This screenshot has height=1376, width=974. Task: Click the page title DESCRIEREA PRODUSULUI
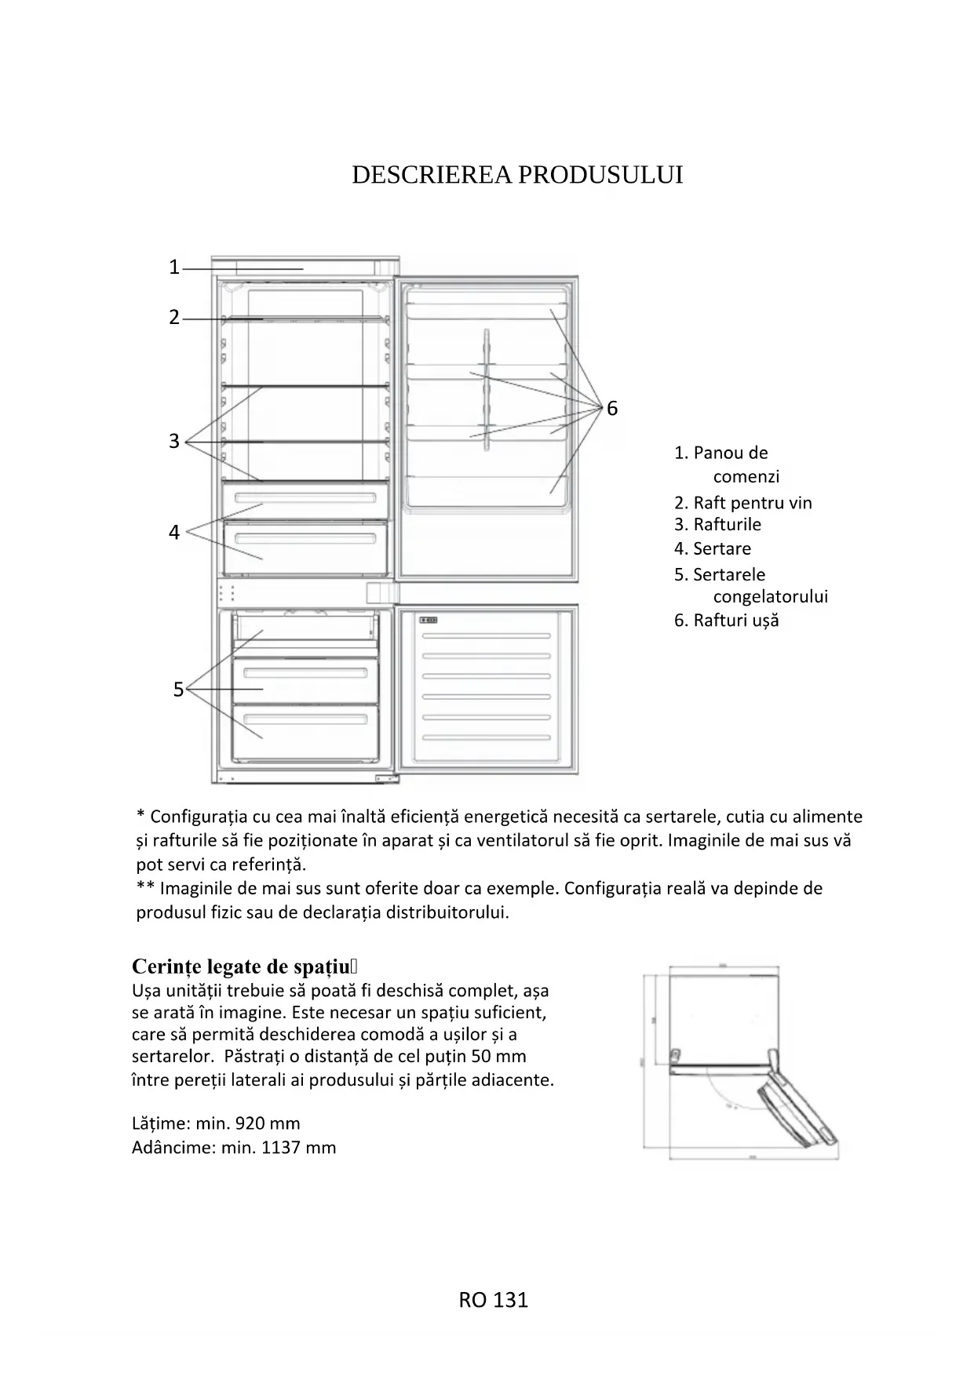tap(517, 175)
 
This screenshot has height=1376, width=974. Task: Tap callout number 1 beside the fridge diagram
tap(174, 268)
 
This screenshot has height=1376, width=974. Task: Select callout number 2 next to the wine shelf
tap(174, 318)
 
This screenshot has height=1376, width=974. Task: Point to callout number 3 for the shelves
tap(174, 441)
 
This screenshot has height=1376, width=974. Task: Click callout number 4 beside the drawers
tap(174, 533)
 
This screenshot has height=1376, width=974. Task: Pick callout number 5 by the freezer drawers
tap(178, 690)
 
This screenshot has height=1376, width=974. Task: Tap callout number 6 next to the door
tap(612, 408)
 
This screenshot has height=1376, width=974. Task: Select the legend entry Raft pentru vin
tap(752, 503)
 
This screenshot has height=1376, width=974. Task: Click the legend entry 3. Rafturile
tap(717, 524)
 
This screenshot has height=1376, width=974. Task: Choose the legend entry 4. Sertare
tap(712, 548)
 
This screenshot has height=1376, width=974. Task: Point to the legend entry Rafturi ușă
tap(735, 621)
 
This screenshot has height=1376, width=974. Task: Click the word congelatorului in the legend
tap(770, 596)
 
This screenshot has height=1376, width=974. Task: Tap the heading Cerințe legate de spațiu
tap(240, 966)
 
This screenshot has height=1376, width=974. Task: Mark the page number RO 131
tap(493, 1300)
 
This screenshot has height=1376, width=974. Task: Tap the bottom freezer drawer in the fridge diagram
tap(305, 731)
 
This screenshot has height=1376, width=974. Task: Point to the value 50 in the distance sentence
tap(482, 1056)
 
